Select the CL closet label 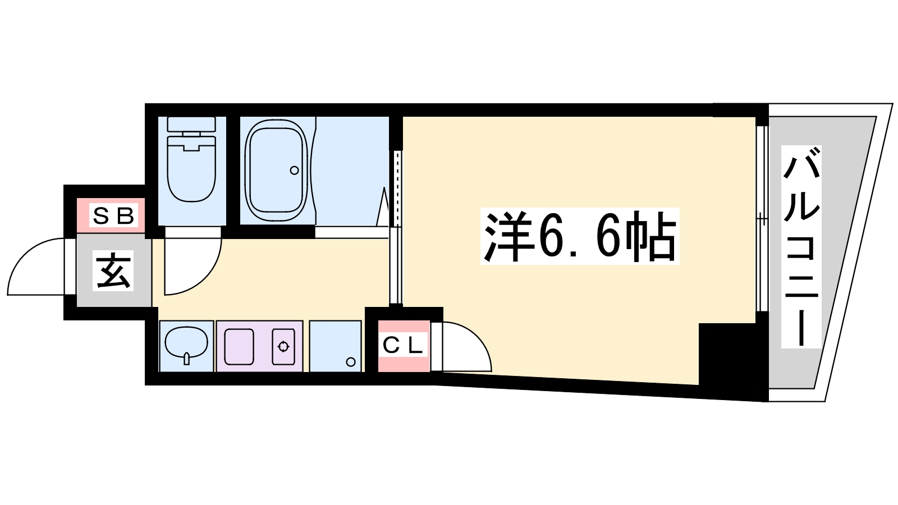click(x=403, y=346)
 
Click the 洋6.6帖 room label click(x=580, y=236)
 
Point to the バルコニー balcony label click(x=801, y=246)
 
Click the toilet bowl click(x=191, y=168)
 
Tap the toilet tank click(x=191, y=124)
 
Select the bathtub click(x=278, y=171)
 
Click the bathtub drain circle click(x=294, y=171)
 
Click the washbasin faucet click(x=186, y=358)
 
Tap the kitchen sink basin click(x=239, y=347)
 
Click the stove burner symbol click(x=283, y=347)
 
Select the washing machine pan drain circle click(x=351, y=362)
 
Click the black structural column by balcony click(x=726, y=354)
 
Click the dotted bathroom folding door click(x=397, y=189)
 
